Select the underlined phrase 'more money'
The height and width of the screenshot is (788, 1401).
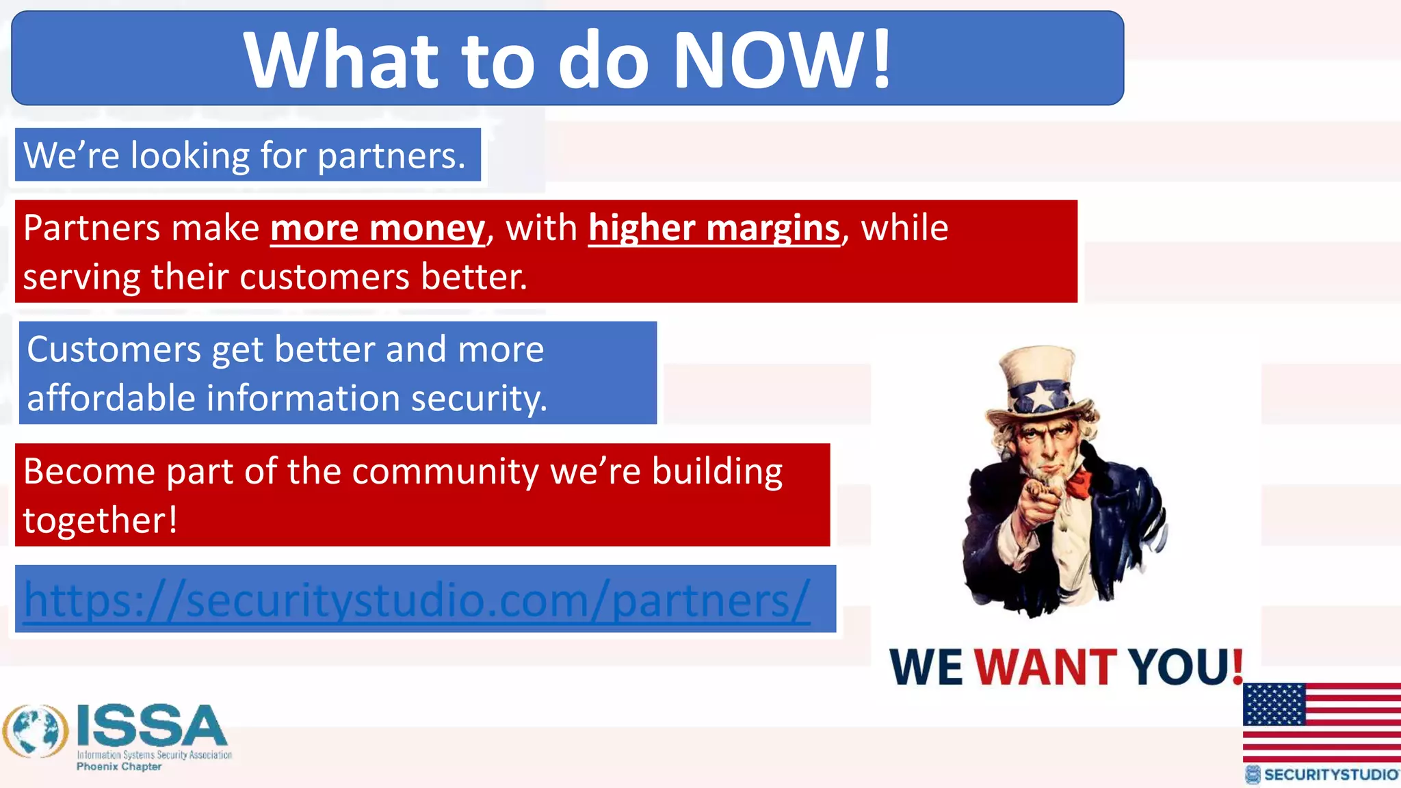coord(378,228)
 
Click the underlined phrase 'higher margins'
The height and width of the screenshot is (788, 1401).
coord(713,228)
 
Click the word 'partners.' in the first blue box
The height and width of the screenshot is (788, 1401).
coord(391,155)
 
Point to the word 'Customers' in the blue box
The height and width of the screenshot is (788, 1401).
coord(114,350)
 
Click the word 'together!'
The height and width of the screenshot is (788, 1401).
coord(101,520)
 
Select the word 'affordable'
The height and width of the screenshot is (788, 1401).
coord(111,398)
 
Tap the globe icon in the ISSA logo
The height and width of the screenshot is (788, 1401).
coord(36,731)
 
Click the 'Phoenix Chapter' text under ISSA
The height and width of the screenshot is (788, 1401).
coord(119,767)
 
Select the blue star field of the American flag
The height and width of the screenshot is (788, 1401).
coord(1274,704)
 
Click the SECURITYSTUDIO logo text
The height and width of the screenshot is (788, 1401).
coord(1330,774)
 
